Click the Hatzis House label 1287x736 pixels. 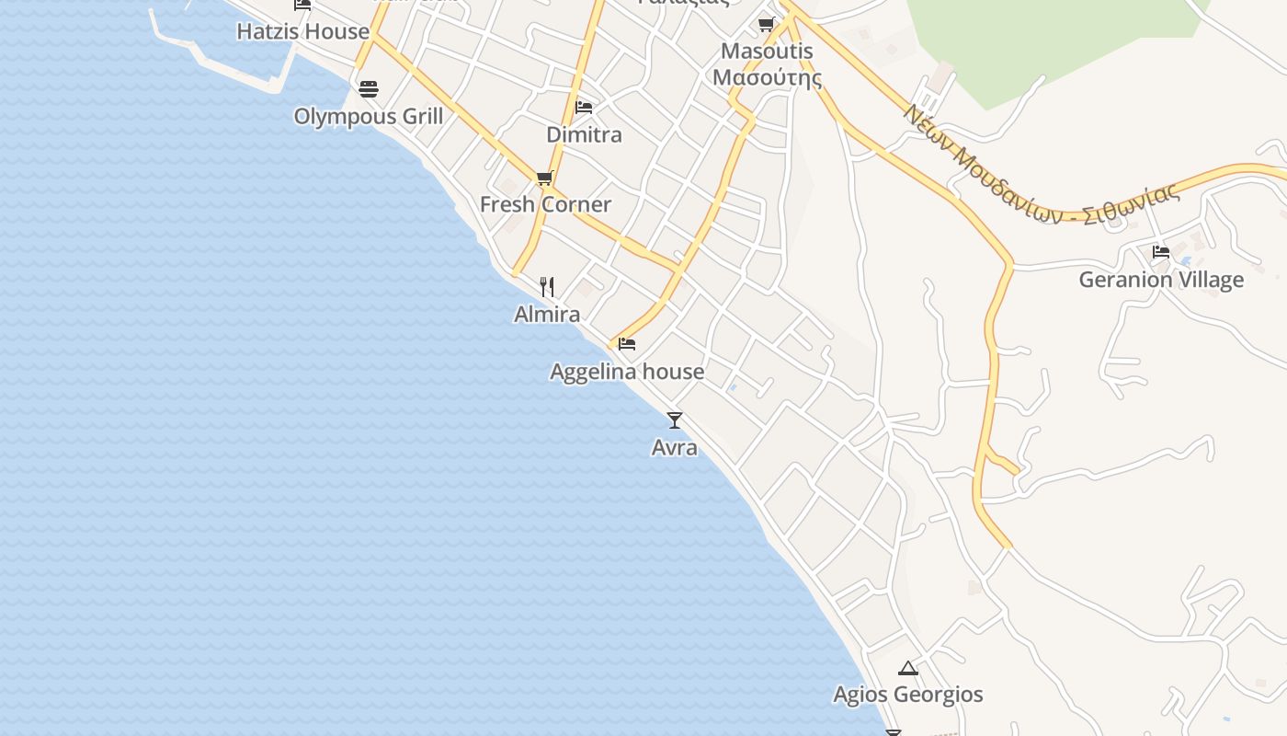click(302, 31)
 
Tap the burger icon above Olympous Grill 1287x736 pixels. click(369, 89)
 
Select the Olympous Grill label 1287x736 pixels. click(368, 117)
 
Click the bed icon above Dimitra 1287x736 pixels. click(583, 108)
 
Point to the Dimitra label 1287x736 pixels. click(584, 135)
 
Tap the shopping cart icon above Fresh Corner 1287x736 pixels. click(544, 178)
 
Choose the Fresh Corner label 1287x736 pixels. click(545, 204)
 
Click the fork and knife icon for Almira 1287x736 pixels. click(547, 287)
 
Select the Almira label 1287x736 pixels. click(547, 315)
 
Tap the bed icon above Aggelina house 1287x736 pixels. click(627, 344)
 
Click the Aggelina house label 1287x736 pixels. click(627, 372)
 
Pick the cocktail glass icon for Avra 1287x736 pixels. click(675, 420)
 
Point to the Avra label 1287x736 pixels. click(674, 448)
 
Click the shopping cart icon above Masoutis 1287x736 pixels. click(767, 25)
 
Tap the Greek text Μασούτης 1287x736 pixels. click(767, 77)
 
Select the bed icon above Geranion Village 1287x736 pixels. click(1161, 251)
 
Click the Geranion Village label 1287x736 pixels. click(1161, 280)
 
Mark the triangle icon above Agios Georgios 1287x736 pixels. click(908, 668)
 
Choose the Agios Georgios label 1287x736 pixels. click(908, 695)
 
